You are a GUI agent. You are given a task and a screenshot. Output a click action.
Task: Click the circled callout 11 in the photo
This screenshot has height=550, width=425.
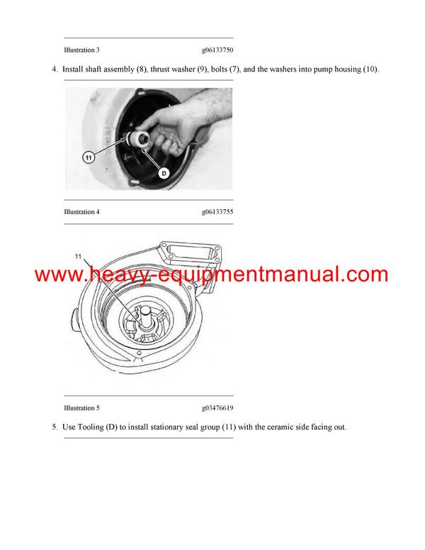click(89, 157)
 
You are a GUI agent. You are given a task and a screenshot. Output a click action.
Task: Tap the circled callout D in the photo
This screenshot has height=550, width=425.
click(164, 172)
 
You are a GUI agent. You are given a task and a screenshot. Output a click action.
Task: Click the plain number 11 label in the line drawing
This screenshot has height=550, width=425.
click(79, 255)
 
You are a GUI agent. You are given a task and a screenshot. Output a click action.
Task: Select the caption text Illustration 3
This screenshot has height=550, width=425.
click(81, 50)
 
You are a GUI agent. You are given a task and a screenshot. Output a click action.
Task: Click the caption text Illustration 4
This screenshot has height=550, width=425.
click(81, 212)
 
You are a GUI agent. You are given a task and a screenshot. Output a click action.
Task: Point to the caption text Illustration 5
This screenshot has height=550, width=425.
click(81, 408)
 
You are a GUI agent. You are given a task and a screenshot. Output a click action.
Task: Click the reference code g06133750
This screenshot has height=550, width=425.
click(217, 50)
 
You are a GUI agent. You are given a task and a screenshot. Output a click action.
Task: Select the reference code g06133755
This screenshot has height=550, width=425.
click(217, 212)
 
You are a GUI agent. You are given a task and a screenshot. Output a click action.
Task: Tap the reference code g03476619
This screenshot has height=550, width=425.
click(217, 408)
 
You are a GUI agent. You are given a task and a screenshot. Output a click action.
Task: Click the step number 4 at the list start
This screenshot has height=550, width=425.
click(54, 69)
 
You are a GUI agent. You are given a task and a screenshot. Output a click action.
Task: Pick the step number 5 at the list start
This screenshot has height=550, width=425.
click(54, 427)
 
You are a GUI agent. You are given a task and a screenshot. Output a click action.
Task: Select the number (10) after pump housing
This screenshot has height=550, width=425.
click(370, 69)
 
